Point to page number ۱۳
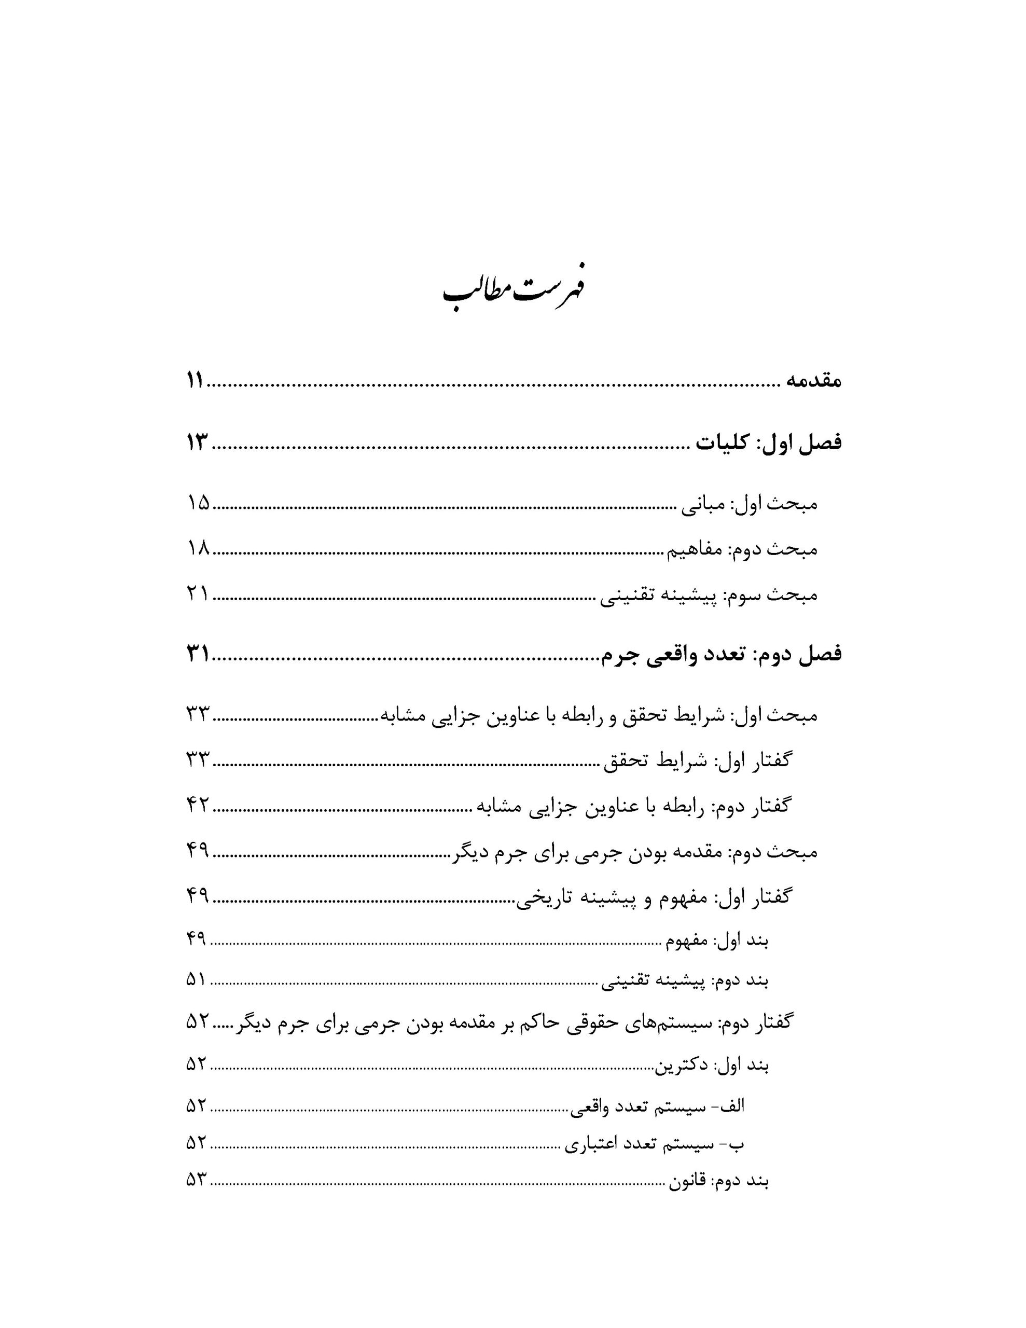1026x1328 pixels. [197, 444]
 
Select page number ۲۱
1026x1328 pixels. [198, 594]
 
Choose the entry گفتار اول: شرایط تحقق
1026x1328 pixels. [697, 760]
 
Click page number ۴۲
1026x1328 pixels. [198, 806]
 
